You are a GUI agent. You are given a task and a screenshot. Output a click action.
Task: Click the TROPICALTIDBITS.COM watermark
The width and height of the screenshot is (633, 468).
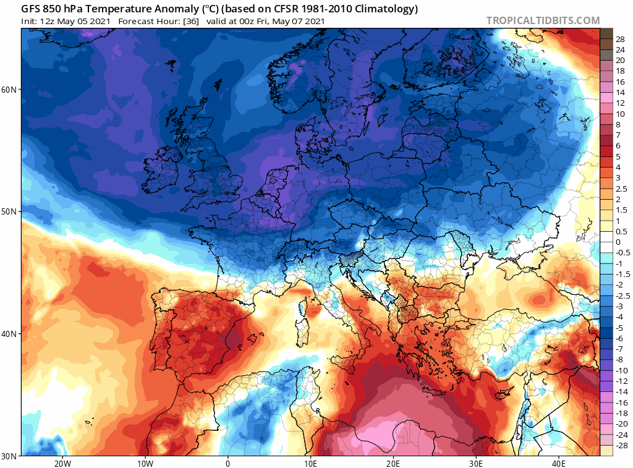543,20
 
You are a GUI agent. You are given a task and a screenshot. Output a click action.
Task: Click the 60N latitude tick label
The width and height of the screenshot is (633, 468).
9,90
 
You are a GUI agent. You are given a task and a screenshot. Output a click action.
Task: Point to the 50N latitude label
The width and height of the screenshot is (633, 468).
9,211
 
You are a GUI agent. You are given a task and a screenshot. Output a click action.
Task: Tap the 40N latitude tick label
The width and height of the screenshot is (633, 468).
9,334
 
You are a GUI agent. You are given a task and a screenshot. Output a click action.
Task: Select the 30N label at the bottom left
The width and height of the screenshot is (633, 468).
9,456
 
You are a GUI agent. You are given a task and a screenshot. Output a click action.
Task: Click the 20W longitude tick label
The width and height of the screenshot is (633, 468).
62,463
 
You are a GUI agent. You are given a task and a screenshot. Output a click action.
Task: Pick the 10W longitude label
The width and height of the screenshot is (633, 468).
145,463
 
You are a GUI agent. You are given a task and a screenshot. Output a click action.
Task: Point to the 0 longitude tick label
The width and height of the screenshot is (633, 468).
228,463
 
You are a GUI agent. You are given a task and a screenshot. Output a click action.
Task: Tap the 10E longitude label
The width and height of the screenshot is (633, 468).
310,463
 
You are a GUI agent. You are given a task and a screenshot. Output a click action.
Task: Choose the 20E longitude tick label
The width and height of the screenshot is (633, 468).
393,463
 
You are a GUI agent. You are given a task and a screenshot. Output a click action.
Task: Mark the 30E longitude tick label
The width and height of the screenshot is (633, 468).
476,463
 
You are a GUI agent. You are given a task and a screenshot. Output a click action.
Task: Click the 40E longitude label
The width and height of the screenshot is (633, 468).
559,463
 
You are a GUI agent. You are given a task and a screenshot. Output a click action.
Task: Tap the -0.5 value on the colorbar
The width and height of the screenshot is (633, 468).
622,253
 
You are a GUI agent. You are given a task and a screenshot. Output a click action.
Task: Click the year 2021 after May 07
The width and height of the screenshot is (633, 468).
313,22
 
